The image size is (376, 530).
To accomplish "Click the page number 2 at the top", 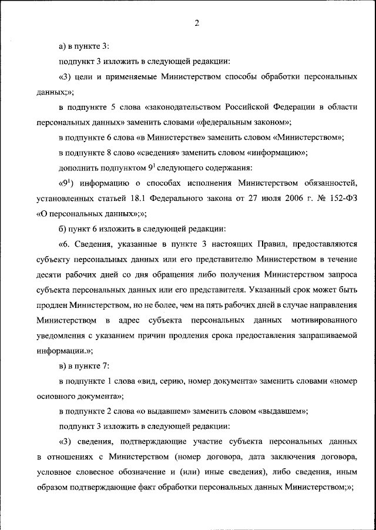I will pyautogui.click(x=197, y=23).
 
